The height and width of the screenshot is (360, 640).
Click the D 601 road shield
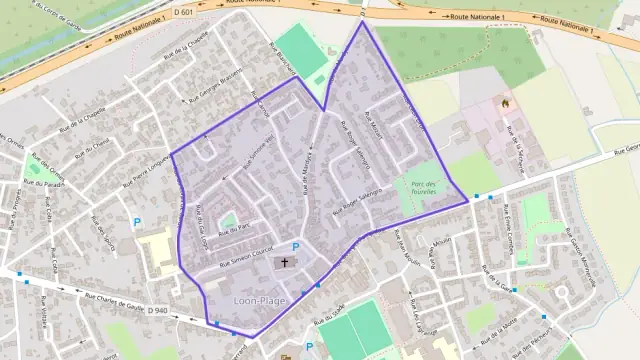pos(182,11)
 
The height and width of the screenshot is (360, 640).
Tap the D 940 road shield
pos(157,311)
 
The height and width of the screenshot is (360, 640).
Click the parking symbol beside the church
pos(296,247)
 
